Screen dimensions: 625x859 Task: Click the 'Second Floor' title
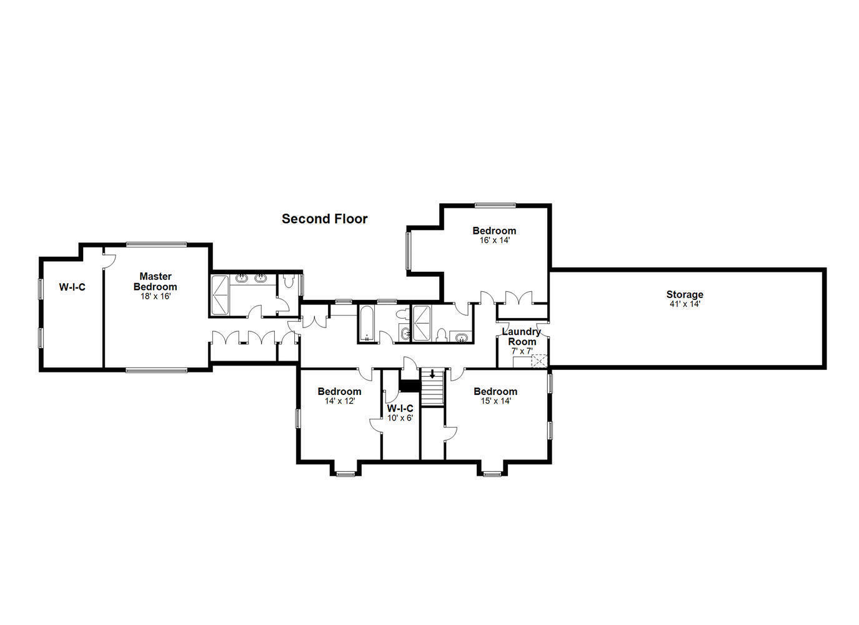[324, 219]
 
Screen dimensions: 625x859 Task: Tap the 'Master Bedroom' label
[155, 281]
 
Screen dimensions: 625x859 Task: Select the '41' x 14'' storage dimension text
[684, 304]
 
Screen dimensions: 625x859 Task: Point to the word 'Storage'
[684, 294]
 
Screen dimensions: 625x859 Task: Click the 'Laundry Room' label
[522, 336]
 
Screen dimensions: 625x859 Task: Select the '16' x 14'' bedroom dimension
[494, 240]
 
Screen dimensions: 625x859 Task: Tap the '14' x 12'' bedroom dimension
[339, 401]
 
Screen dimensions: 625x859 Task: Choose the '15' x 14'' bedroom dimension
[495, 401]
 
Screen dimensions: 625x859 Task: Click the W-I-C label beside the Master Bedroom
[72, 287]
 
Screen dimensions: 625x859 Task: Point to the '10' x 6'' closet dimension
[400, 417]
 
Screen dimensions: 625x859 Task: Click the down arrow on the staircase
[432, 374]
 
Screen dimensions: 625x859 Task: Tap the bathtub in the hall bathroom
[366, 324]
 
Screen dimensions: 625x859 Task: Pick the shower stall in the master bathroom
[221, 294]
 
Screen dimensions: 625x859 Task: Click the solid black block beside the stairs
[409, 386]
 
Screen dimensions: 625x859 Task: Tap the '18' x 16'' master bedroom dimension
[155, 296]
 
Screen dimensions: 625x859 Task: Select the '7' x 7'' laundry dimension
[522, 351]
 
